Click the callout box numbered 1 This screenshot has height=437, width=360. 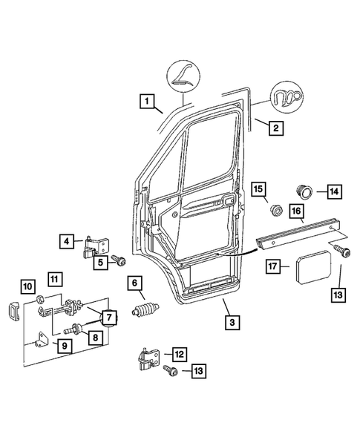[148, 102]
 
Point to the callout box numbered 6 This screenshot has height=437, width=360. [134, 283]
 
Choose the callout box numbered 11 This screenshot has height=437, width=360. [55, 279]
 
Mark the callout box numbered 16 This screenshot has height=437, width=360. [295, 213]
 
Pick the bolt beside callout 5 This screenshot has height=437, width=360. [117, 260]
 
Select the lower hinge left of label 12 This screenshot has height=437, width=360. [147, 361]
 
